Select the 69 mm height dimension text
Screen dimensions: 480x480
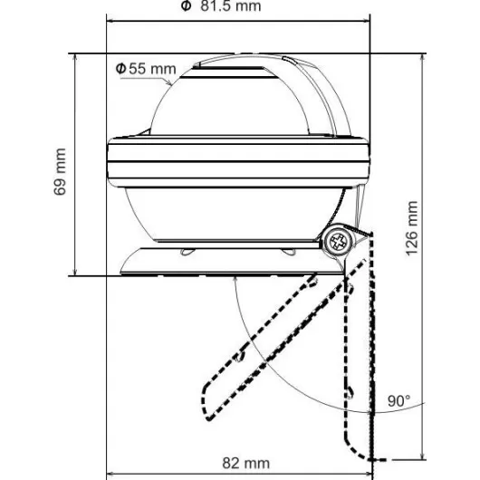coord(60,171)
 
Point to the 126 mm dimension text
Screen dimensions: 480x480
coord(412,228)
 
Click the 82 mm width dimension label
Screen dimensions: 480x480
coord(246,463)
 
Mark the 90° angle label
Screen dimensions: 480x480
coord(398,400)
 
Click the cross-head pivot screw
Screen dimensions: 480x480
coord(339,241)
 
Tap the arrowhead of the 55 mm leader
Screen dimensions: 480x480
coord(169,82)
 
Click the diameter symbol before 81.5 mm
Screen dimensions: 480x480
coord(186,5)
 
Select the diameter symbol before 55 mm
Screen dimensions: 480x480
coord(121,68)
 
